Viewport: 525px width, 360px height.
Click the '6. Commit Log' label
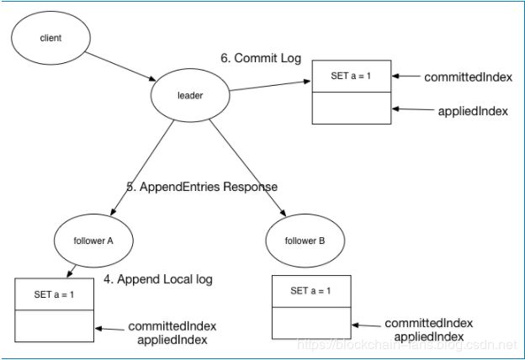[x=261, y=58]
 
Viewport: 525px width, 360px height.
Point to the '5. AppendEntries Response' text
[x=202, y=187]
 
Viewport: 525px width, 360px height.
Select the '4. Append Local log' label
[x=158, y=279]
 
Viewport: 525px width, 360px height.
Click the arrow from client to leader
[x=120, y=66]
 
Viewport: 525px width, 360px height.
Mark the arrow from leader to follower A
[x=142, y=167]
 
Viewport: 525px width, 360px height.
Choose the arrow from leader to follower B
[x=247, y=167]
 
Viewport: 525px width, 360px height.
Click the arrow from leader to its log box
[x=270, y=86]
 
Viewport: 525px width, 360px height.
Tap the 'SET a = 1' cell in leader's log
[x=352, y=76]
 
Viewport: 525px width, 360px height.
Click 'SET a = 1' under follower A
[x=54, y=294]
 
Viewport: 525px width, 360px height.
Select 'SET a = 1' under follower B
[x=311, y=291]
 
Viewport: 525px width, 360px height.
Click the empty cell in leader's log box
[x=352, y=108]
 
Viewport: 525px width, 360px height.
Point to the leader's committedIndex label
[x=469, y=77]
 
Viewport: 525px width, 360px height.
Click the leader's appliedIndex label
[x=473, y=111]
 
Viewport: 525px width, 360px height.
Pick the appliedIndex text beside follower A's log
[x=172, y=340]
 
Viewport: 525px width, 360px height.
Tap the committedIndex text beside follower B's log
[x=429, y=323]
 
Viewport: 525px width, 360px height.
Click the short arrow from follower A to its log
[x=72, y=271]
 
